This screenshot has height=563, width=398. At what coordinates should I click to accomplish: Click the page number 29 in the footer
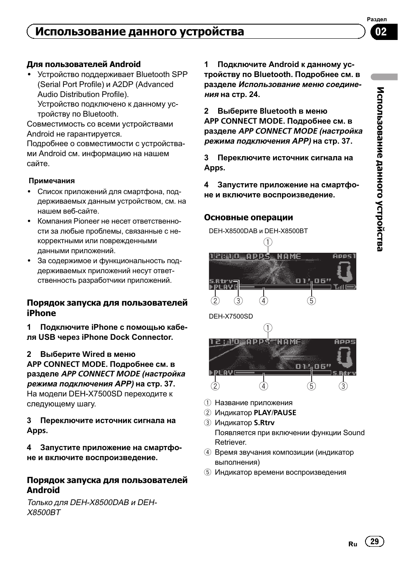[x=374, y=541]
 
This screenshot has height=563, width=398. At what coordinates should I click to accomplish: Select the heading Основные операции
[x=248, y=217]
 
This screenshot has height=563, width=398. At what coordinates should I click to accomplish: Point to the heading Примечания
[x=51, y=181]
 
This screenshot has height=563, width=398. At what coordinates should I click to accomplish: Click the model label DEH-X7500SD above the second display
[x=231, y=316]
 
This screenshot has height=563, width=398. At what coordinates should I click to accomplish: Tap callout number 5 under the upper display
[x=311, y=301]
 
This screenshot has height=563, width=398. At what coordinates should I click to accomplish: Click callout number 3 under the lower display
[x=343, y=386]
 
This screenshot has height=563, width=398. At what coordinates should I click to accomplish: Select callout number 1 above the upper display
[x=267, y=242]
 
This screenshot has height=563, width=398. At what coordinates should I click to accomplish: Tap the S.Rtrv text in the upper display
[x=221, y=281]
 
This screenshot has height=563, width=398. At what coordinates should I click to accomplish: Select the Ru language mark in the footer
[x=353, y=544]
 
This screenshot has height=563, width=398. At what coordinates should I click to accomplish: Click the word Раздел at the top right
[x=377, y=19]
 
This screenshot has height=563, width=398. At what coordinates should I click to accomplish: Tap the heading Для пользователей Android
[x=84, y=64]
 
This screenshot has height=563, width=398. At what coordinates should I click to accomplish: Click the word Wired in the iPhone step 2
[x=93, y=354]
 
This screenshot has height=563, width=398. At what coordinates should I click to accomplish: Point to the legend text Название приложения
[x=253, y=403]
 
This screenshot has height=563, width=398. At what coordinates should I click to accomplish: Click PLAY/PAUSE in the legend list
[x=275, y=413]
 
